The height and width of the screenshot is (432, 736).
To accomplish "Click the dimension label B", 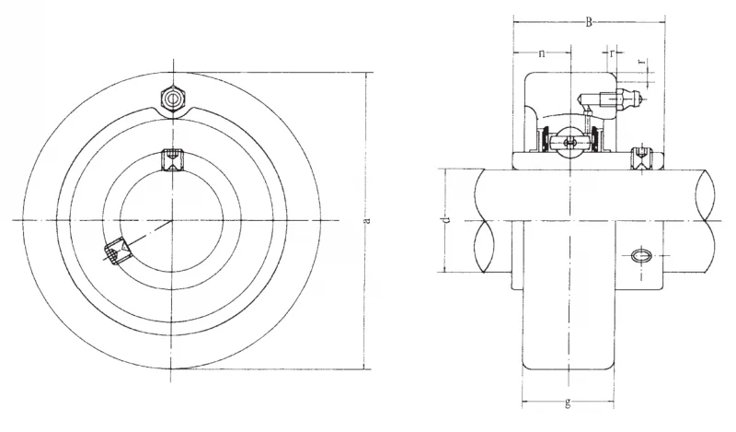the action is point(589,22).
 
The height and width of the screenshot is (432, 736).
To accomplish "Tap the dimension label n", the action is point(542,53).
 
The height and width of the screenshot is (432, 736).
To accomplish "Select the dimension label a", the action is point(367,220).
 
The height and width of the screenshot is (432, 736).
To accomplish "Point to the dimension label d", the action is point(447,220).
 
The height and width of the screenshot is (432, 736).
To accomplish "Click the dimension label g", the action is point(568,403).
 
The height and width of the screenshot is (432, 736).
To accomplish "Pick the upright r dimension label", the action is point(612,53).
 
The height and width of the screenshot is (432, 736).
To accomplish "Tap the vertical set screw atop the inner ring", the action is point(172,159).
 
